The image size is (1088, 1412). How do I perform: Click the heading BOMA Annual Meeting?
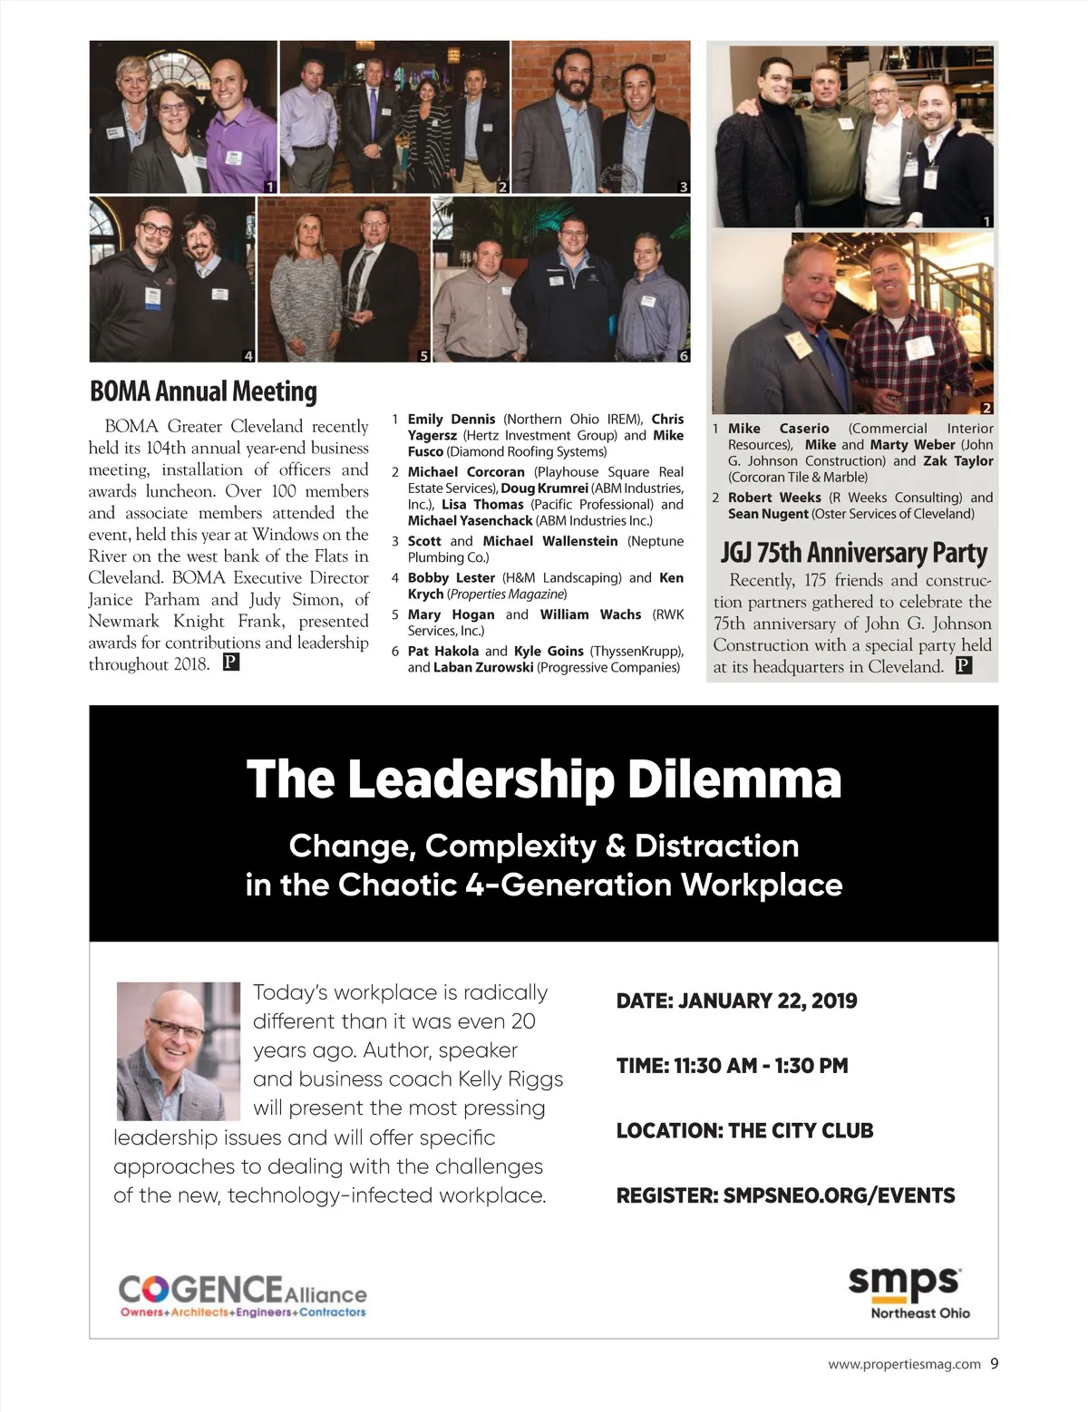203,392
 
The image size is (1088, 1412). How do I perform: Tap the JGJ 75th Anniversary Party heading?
853,553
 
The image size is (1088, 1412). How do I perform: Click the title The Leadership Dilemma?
544,779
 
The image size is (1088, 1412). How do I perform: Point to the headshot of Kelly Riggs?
179,1051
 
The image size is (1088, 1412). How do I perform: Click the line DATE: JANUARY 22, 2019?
736,1001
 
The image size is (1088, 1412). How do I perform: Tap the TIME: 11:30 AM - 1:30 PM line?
732,1066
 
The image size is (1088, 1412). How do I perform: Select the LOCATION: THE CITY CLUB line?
744,1131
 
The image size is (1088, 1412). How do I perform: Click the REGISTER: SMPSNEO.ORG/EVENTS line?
785,1196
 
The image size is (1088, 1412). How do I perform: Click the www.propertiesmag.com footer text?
904,1364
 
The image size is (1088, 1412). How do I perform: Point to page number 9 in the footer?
994,1363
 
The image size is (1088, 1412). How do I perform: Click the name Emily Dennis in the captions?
451,420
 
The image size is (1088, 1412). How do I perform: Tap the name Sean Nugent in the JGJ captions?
767,514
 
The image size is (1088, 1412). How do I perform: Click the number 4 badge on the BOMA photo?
248,356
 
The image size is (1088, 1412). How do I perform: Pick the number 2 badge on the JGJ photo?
986,408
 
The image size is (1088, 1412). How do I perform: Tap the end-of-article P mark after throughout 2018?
231,662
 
